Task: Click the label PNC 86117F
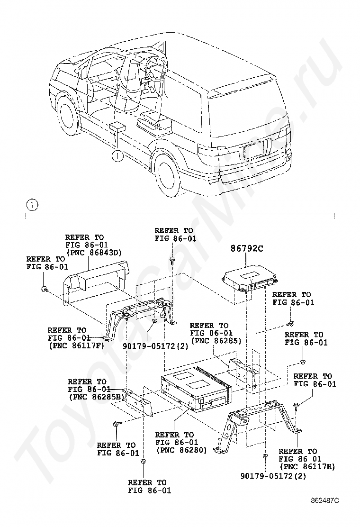[x=76, y=346]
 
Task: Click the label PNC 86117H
[x=306, y=467]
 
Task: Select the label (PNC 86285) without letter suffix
[x=216, y=341]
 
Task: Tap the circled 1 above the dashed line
[x=32, y=205]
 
